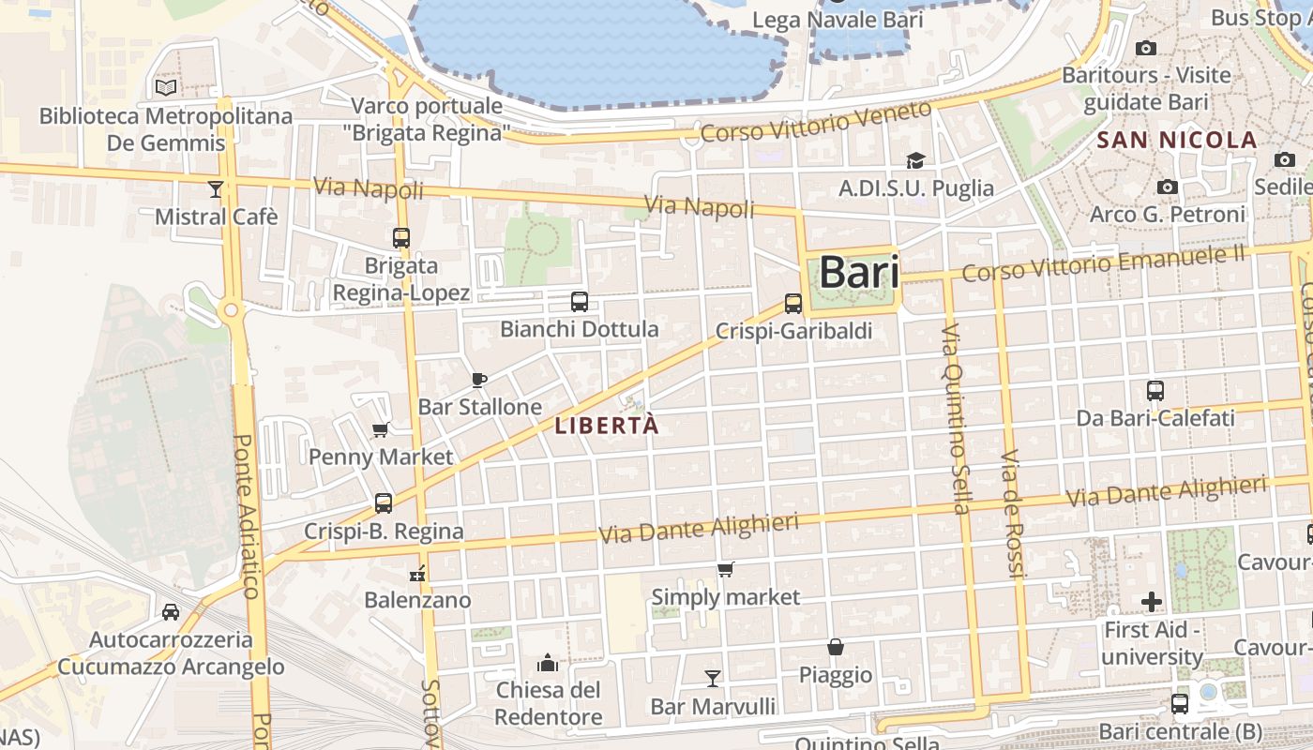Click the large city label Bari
[x=859, y=273]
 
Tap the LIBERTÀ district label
[x=607, y=426]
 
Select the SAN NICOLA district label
[x=1176, y=141]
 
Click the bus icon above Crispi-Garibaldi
[x=793, y=303]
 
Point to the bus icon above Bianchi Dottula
[x=580, y=302]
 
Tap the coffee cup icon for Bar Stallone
[x=479, y=380]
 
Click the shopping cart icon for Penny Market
[x=381, y=429]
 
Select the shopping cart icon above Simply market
[x=725, y=569]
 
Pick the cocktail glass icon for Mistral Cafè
[x=216, y=189]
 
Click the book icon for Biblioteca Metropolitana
[x=166, y=87]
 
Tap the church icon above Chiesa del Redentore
[x=548, y=664]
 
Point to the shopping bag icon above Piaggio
[x=835, y=647]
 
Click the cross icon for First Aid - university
[x=1152, y=601]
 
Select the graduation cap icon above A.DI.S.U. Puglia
[x=915, y=160]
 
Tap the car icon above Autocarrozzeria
[x=170, y=612]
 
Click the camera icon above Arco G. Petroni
[x=1168, y=187]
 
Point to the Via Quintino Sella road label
[x=956, y=419]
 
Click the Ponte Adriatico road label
[x=246, y=516]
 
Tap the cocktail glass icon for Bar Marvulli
[x=713, y=678]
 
